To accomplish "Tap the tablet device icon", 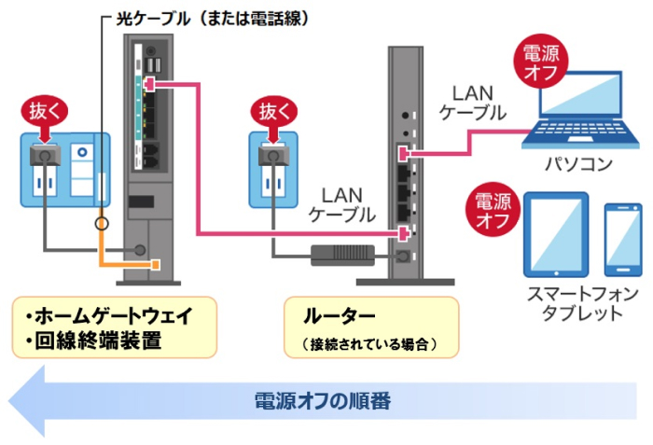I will [x=556, y=235].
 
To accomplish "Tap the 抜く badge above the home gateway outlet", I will [x=45, y=112].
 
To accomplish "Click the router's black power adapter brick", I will [x=340, y=252].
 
